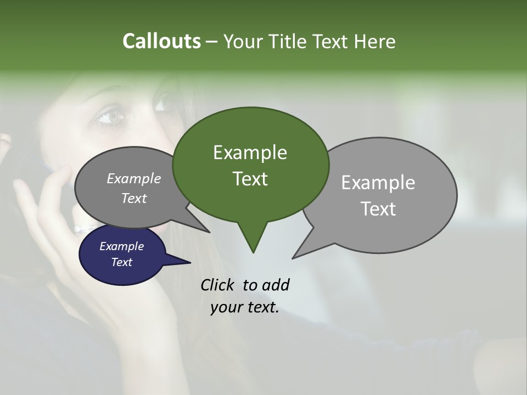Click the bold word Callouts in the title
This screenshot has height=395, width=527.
pyautogui.click(x=161, y=41)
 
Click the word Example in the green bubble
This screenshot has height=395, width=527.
pyautogui.click(x=250, y=153)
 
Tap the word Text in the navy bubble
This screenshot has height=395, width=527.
pyautogui.click(x=122, y=262)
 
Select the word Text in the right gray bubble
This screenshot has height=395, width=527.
pyautogui.click(x=378, y=208)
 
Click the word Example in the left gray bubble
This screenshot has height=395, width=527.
pyautogui.click(x=134, y=178)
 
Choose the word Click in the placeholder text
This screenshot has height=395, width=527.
pyautogui.click(x=219, y=285)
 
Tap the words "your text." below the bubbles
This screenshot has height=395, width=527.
pyautogui.click(x=245, y=307)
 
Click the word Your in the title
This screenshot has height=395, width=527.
pyautogui.click(x=242, y=42)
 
